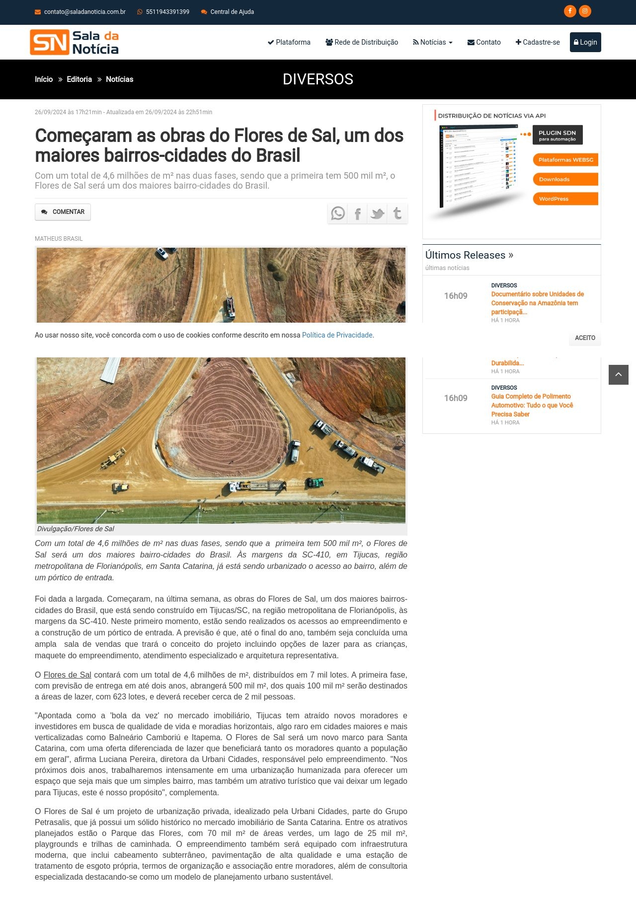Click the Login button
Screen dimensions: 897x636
click(585, 42)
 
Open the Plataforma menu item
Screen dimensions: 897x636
click(289, 42)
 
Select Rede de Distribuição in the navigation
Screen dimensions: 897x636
click(362, 42)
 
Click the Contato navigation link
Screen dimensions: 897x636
click(484, 42)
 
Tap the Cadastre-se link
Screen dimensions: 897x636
click(538, 42)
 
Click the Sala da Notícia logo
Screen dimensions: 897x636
click(75, 42)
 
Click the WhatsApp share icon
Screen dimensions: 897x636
click(338, 213)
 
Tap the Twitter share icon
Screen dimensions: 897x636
click(378, 213)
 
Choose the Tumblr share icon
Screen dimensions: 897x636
click(397, 213)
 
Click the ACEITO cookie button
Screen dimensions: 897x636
click(585, 338)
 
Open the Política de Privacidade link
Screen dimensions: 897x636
click(337, 335)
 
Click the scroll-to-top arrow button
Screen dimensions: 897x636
click(619, 375)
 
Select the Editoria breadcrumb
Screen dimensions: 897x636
click(79, 79)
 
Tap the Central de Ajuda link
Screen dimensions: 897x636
click(232, 12)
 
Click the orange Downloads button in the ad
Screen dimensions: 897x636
click(565, 179)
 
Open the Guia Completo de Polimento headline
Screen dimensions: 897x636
click(532, 405)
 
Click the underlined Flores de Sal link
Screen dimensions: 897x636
click(67, 675)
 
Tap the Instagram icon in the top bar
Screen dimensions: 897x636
click(585, 11)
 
